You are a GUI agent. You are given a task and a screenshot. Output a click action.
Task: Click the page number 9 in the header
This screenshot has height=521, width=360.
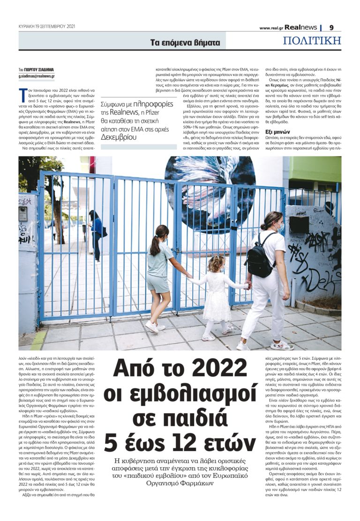tap(331, 28)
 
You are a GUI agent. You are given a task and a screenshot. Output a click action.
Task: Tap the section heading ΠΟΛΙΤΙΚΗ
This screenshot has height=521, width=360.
tap(312, 41)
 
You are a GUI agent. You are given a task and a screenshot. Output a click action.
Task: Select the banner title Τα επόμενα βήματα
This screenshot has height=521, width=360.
tap(185, 43)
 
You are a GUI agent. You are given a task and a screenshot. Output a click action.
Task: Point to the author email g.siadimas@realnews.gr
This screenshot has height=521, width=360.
tap(37, 76)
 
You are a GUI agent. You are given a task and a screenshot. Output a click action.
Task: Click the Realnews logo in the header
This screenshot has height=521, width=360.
tap(303, 28)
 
